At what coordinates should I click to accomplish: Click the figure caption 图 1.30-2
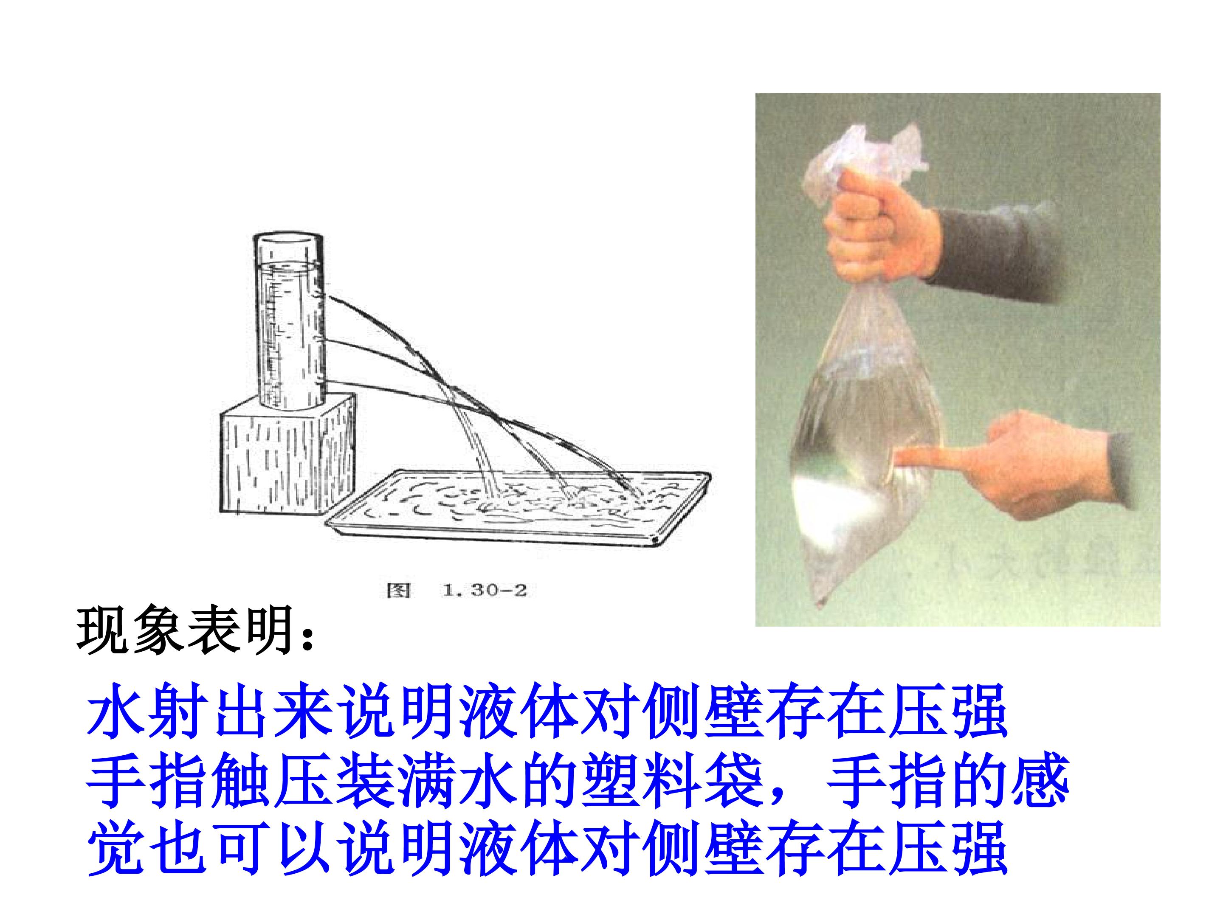pos(457,591)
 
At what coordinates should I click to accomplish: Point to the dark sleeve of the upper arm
pos(995,249)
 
